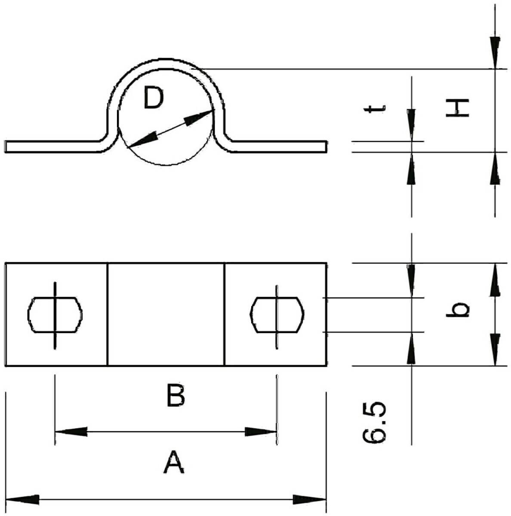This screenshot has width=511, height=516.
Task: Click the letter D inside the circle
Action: pos(154,98)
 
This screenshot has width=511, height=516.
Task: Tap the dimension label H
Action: pos(457,107)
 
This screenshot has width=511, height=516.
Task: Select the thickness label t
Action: pos(375,109)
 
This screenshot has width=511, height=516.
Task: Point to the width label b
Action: pos(457,310)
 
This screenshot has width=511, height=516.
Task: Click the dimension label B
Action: pos(176,395)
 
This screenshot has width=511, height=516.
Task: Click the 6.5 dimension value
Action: pos(374,423)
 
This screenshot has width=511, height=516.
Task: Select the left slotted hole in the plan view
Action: pos(55,315)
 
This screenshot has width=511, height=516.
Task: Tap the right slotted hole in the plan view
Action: pos(277,315)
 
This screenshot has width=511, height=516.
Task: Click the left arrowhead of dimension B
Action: pos(71,432)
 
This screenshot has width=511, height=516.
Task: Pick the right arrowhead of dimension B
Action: pos(261,432)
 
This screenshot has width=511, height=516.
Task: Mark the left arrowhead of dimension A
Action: pos(22,499)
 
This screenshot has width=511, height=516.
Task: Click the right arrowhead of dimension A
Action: pos(310,499)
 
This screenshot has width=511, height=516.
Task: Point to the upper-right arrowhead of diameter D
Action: pos(199,117)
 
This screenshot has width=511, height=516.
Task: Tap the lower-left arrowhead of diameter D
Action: pos(142,140)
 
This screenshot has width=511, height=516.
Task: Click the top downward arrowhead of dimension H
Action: pos(495,53)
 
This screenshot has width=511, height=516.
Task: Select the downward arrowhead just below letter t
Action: pos(411,125)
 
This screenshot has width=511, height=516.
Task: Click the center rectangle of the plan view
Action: pos(166,314)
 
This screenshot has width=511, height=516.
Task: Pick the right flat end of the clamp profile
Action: pos(279,147)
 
